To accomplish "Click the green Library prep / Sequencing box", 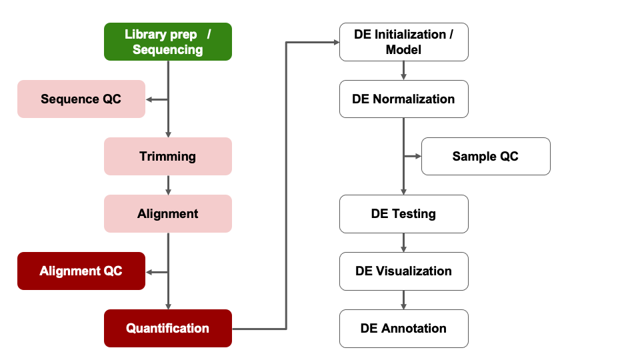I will click(167, 41).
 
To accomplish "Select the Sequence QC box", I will click(81, 99).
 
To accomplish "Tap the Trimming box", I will click(167, 157).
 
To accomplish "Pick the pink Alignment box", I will click(167, 214).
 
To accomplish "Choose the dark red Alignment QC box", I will click(81, 271).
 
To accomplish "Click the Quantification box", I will click(167, 329).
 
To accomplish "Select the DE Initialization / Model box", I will click(403, 41).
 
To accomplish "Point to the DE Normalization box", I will click(403, 99).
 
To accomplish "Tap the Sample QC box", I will click(485, 157).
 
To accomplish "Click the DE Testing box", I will click(403, 214).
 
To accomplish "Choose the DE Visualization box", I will click(403, 271).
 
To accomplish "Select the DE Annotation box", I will click(403, 329).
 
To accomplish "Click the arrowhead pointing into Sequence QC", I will click(149, 99).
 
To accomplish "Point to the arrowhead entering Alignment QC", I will click(149, 271).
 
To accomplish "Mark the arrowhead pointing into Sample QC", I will click(418, 157).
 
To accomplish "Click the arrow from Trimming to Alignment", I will click(168, 185).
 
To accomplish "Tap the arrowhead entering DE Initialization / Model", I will click(335, 42).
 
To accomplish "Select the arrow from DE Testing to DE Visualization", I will click(403, 242).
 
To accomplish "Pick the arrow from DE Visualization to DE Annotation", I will click(403, 299).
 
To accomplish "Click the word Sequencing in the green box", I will click(167, 50).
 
